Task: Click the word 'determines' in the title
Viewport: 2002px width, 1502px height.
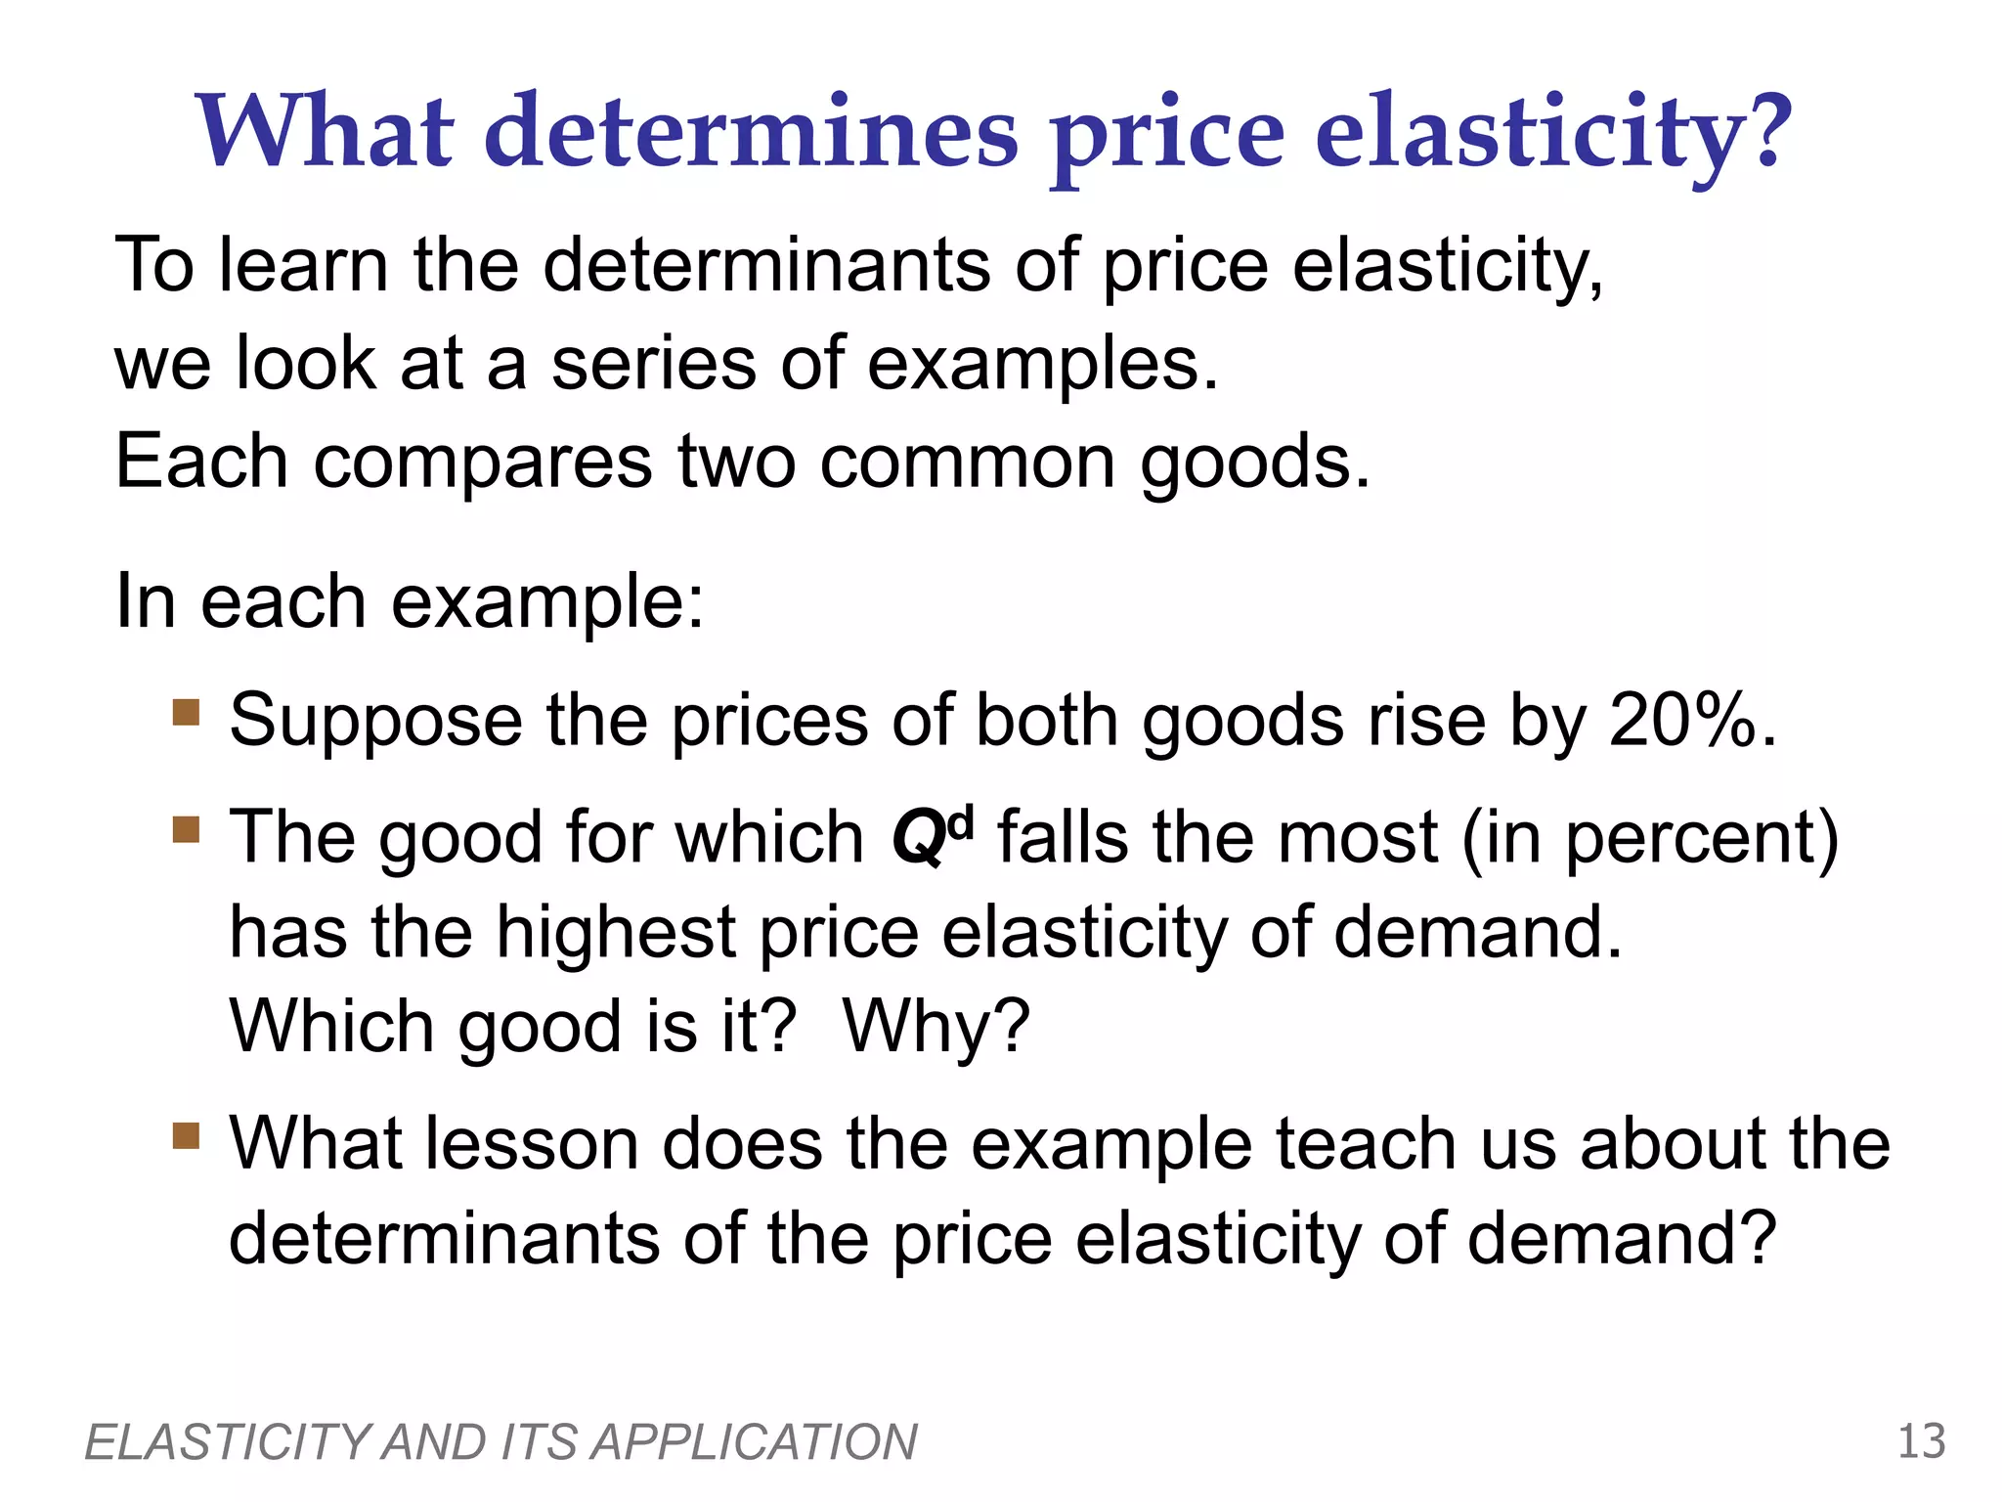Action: (x=751, y=132)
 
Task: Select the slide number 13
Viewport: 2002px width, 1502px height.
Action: (x=1921, y=1441)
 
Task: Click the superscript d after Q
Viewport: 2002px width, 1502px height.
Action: (x=961, y=823)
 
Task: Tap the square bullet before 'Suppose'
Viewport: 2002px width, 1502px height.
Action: (x=186, y=711)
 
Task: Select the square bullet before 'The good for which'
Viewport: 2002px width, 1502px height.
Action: (x=186, y=829)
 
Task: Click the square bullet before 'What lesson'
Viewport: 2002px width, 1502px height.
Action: (x=186, y=1135)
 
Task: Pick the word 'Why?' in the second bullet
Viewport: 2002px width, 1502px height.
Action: (x=936, y=1027)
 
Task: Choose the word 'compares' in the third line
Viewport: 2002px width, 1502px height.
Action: (x=482, y=462)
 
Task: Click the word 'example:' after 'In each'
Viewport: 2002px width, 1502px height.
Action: (x=547, y=602)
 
